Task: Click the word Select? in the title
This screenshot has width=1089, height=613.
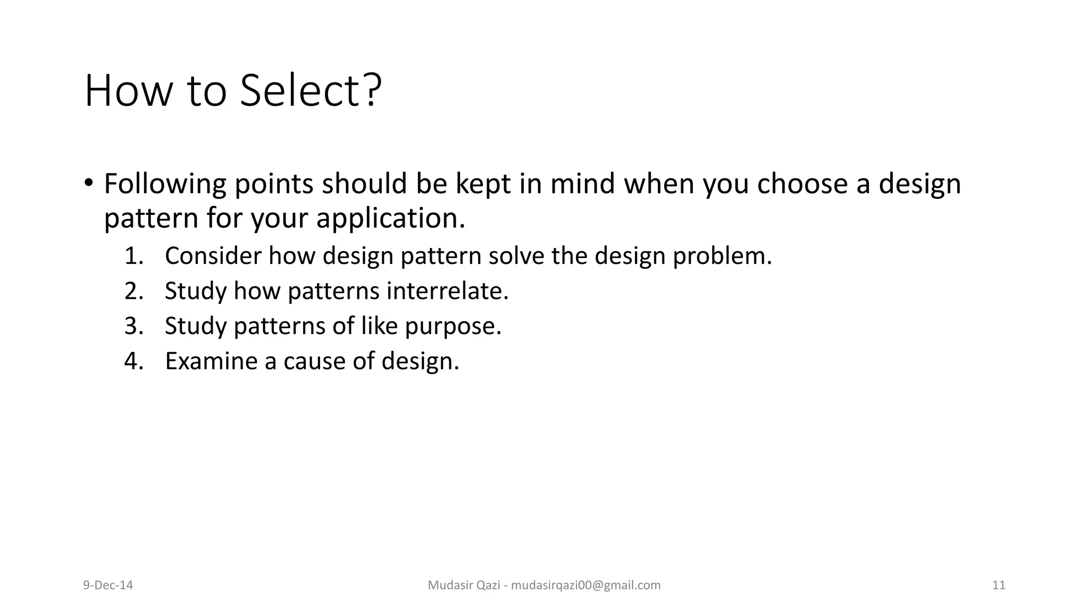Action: point(311,90)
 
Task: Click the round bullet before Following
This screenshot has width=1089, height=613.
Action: point(88,183)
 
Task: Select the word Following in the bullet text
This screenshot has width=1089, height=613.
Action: point(165,184)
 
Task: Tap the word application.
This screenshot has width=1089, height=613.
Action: point(390,218)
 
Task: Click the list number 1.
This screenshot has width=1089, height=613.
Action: point(133,256)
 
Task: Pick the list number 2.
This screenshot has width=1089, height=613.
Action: point(133,291)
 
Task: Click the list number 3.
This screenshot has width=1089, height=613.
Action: point(133,326)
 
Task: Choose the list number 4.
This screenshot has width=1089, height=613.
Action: point(133,361)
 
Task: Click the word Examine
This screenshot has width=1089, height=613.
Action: point(211,361)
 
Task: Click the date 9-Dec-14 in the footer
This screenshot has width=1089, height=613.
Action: point(108,585)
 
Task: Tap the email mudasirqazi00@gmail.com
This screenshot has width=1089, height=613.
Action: point(585,585)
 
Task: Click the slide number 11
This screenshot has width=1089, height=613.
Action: point(999,585)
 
